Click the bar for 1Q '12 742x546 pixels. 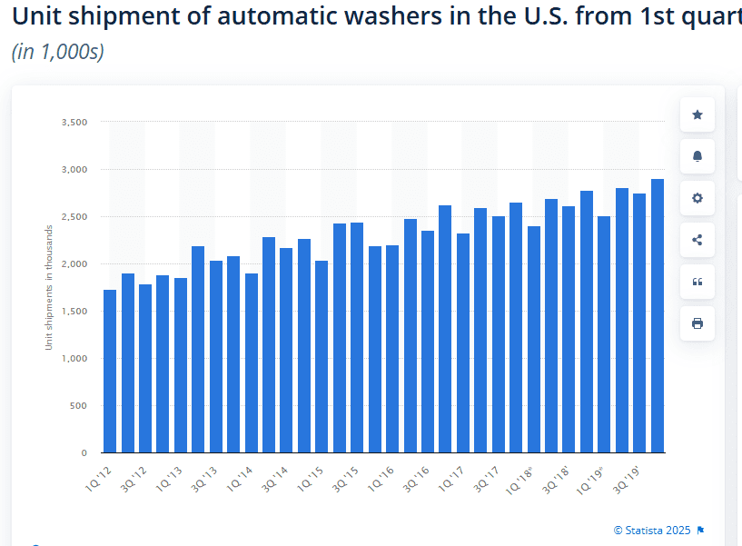(110, 372)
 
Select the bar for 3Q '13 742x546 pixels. (216, 357)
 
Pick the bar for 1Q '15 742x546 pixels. (322, 357)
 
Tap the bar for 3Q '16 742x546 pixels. (428, 342)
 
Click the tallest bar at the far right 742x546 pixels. (658, 316)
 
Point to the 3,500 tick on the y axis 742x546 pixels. (74, 122)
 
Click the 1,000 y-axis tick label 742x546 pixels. (74, 359)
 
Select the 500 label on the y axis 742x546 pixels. (78, 406)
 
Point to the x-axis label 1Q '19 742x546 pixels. (590, 481)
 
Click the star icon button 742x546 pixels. (697, 114)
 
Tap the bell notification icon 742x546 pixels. (697, 156)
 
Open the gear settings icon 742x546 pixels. (697, 198)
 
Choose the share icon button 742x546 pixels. (697, 240)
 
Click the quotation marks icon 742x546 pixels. (697, 282)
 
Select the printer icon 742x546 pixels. (697, 323)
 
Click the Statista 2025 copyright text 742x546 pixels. (652, 531)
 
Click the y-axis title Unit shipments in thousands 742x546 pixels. (48, 287)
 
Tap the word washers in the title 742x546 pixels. (392, 16)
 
